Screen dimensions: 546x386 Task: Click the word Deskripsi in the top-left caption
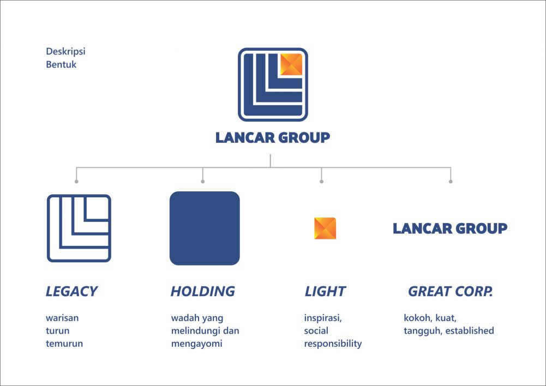pos(65,51)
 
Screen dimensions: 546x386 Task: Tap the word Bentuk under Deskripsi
pos(61,64)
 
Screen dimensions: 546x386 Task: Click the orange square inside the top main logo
pos(291,64)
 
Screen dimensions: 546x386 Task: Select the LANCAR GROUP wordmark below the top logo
pos(273,137)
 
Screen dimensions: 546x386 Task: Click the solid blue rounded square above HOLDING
pos(205,228)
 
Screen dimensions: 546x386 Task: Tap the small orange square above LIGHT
pos(325,228)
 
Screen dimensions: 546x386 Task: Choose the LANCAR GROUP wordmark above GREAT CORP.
pos(450,228)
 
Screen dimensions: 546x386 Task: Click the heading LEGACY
pos(72,291)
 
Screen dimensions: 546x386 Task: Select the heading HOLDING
pos(203,291)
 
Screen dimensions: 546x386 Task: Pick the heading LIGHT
pos(325,291)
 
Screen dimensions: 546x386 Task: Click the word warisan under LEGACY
pos(62,318)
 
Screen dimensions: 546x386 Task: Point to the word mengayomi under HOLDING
pos(197,344)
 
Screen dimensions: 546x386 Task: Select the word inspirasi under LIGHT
pos(323,318)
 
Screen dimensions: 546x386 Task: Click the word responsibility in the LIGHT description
pos(333,344)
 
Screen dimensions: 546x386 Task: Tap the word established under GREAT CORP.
pos(470,330)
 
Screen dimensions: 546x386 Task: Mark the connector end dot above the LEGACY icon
pos(76,182)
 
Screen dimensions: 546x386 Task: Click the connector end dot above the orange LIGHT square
pos(321,182)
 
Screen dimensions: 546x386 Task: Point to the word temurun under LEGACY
pos(64,343)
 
